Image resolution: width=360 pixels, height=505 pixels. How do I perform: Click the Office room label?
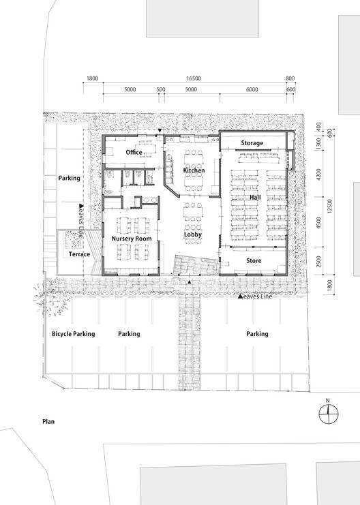134,153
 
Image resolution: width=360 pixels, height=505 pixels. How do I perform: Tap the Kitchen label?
194,170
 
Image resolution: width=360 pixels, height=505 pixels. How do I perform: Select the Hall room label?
255,197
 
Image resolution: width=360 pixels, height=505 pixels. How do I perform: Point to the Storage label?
252,143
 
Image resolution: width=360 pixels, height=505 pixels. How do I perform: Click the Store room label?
254,260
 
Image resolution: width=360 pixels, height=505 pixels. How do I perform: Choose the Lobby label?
193,234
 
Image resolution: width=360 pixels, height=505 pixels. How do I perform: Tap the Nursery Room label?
132,239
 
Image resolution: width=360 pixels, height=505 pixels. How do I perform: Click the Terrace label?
79,254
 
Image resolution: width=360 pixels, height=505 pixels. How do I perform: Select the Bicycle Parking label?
74,334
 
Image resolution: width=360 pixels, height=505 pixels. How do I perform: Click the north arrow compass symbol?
329,413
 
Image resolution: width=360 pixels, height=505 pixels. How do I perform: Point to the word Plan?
48,422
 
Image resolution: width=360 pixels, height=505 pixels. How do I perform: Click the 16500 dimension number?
194,78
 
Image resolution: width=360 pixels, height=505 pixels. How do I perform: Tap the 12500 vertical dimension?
329,206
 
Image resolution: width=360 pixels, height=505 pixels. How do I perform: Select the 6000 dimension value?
252,89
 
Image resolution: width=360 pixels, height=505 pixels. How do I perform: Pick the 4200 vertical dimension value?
318,174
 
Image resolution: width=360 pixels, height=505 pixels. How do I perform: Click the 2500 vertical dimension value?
318,261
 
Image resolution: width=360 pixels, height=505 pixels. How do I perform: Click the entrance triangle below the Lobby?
190,282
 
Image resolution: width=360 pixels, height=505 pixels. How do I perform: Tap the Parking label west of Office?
70,178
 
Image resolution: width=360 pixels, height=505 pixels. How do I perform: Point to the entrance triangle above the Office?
160,130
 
